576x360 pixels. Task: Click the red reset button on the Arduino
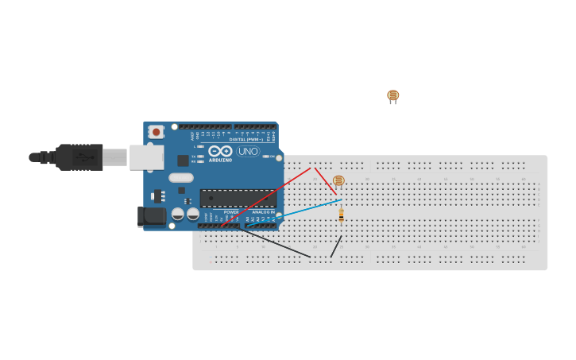pos(157,131)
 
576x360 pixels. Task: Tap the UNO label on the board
pos(248,151)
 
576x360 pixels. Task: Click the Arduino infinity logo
pos(220,150)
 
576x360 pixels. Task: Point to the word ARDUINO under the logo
pos(220,160)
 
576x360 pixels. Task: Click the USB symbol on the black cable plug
pos(84,157)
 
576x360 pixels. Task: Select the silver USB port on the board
pos(147,157)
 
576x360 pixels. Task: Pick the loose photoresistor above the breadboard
pos(392,95)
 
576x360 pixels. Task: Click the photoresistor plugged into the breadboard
pos(338,180)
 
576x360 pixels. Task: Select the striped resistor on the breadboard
pos(341,215)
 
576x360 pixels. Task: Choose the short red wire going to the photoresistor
pos(325,180)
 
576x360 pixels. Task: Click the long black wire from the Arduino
pos(278,243)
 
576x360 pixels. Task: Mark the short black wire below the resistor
pos(336,246)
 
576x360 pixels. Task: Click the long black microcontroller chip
pos(238,197)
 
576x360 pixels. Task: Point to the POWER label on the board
pos(231,212)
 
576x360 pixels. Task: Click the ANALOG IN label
pos(263,212)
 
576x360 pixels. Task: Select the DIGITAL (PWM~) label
pos(246,139)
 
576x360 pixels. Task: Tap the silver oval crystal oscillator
pos(180,178)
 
